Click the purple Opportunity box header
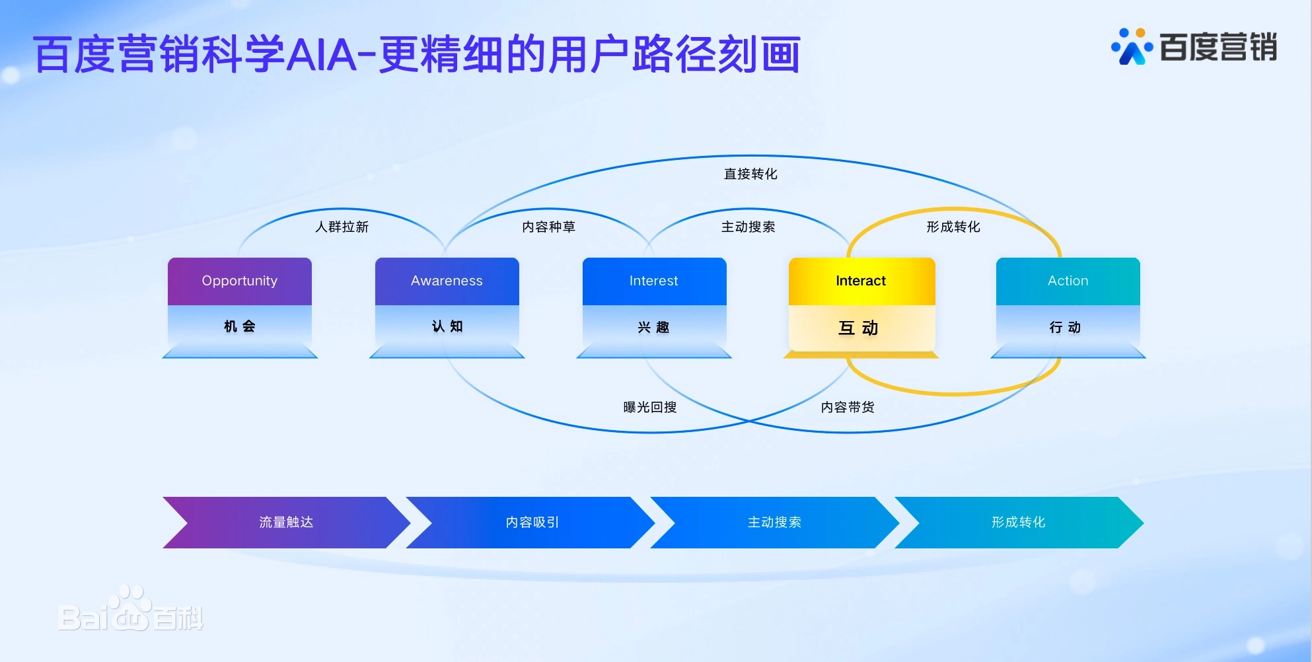240,281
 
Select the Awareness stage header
447,281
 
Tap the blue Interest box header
654,281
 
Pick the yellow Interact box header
861,281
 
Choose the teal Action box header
1068,281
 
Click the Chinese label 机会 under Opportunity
240,326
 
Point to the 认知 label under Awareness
447,326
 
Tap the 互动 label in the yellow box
858,328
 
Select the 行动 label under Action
1065,327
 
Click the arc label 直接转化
750,174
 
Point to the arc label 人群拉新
342,227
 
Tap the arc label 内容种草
548,227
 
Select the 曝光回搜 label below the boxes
650,407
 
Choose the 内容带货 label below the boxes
848,407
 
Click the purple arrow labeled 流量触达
287,523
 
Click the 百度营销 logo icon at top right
1132,46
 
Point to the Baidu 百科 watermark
131,609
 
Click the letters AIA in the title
322,54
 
